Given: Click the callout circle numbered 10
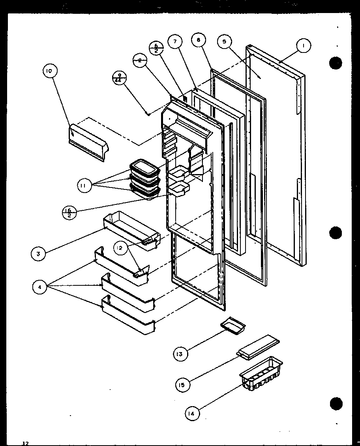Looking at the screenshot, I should (x=49, y=71).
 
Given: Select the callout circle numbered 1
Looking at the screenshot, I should (x=303, y=46).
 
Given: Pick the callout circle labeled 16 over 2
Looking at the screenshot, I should (x=70, y=213).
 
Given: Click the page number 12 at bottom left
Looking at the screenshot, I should (x=25, y=443).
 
